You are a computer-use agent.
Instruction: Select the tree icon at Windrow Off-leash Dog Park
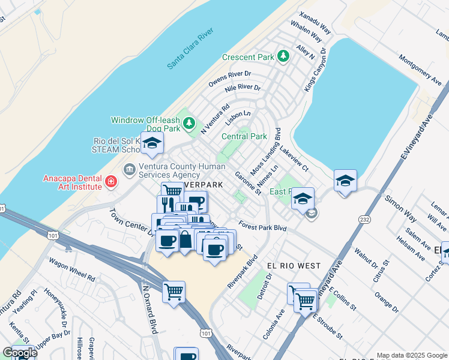click(189, 124)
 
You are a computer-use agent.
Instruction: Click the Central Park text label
click(244, 136)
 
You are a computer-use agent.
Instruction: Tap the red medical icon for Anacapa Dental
click(110, 181)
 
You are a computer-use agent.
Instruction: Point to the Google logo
click(19, 352)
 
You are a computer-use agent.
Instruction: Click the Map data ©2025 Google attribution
click(411, 355)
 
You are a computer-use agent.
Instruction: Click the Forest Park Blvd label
click(262, 227)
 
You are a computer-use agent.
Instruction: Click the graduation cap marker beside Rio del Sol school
click(152, 143)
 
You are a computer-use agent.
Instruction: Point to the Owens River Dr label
click(229, 77)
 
